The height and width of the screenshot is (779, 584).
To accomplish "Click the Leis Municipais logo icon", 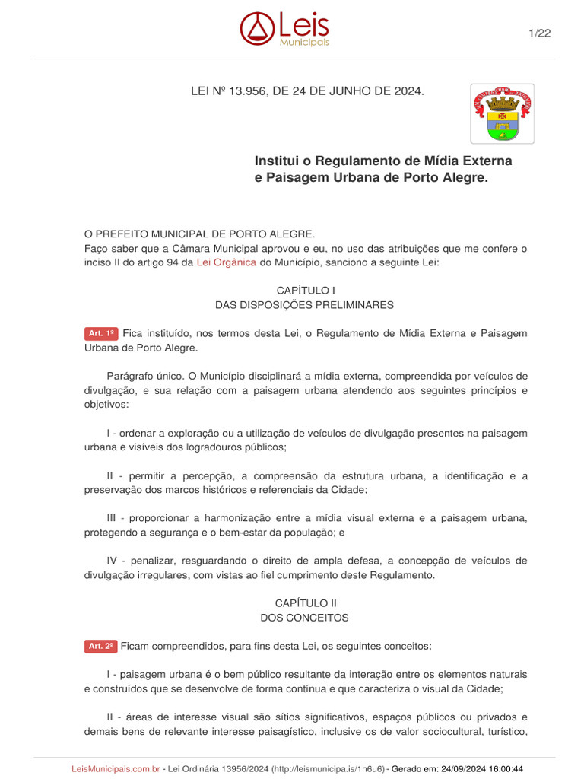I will click(x=256, y=27).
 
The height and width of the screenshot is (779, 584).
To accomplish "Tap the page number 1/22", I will click(x=539, y=32).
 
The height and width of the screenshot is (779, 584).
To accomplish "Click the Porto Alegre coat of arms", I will click(x=502, y=113).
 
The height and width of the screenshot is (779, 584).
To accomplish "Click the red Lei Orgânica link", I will click(x=227, y=262).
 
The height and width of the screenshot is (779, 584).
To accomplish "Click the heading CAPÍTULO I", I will click(x=304, y=291).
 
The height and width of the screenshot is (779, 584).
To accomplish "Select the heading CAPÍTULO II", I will click(x=304, y=603).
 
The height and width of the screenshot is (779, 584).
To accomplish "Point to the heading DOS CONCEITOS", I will click(x=304, y=618).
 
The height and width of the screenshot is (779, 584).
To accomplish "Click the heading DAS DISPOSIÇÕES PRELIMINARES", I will click(x=304, y=305).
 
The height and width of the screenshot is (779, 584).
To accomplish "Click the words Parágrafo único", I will click(x=145, y=377).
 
